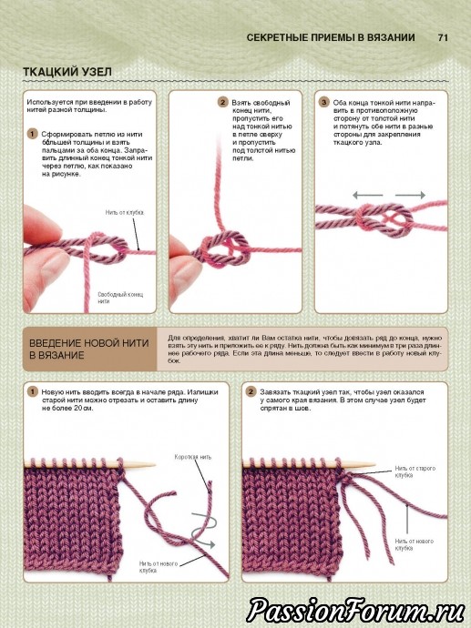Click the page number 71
pos(443,37)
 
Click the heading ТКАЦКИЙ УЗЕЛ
pos(67,72)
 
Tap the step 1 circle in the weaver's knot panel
pos(33,134)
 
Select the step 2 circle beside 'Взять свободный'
pos(223,102)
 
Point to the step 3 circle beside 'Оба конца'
pos(323,102)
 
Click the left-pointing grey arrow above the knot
pos(367,195)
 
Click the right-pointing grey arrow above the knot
pos(411,195)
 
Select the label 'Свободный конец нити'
pos(120,298)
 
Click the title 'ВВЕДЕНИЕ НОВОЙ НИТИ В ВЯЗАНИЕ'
pos(89,349)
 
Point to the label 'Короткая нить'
pos(193,457)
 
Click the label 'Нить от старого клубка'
pos(415,471)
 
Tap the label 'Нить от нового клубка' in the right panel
pos(415,544)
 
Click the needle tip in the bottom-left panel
pos(154,465)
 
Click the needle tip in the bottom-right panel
pos(374,465)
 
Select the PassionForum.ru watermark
pos(355,610)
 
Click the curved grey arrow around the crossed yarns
pos(203,529)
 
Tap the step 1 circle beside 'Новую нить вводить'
pos(32,391)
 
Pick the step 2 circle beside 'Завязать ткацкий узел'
pos(251,391)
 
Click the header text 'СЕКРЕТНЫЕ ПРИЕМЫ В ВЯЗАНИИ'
pos(331,37)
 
